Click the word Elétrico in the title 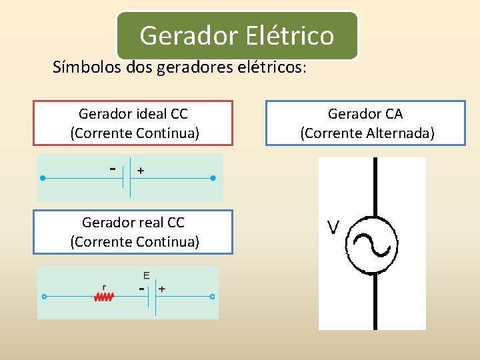pos(289,35)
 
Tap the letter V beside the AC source pos(333,228)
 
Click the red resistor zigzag pos(104,297)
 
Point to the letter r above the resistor pos(104,287)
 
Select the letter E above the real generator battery pos(146,275)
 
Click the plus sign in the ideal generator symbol pos(141,171)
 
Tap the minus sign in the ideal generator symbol pos(113,169)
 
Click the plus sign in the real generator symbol pos(162,289)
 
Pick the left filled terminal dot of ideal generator pos(43,179)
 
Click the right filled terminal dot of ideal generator pos(213,179)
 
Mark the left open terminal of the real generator pos(44,297)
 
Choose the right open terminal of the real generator pos(212,297)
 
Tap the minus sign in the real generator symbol pos(141,289)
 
